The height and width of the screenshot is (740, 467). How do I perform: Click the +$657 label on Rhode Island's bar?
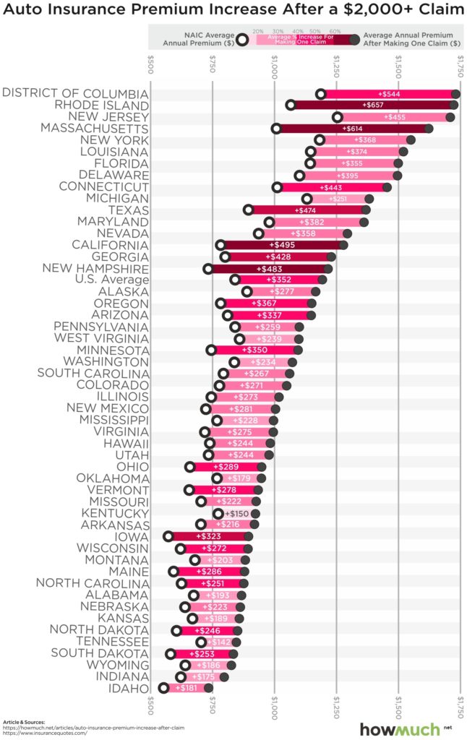click(374, 106)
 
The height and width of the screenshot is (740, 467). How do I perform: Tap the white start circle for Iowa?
click(168, 536)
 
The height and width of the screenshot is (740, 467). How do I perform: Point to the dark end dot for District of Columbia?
click(455, 94)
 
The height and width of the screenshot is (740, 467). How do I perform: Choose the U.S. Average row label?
click(106, 280)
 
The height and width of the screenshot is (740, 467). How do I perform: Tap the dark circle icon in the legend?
click(354, 40)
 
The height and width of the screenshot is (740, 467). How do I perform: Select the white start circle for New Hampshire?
click(208, 269)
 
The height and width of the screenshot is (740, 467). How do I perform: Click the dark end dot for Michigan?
click(369, 199)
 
